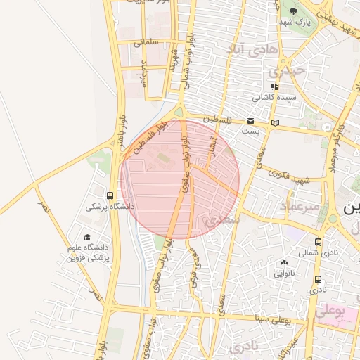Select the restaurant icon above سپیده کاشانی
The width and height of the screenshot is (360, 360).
pos(274,87)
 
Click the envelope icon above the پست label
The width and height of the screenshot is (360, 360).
pos(251,122)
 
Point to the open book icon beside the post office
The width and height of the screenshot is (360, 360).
pos(275,123)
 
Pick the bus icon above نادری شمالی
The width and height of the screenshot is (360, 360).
pos(318,242)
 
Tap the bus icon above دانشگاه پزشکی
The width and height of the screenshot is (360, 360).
pos(110,195)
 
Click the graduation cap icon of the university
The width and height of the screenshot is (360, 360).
pos(87,237)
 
